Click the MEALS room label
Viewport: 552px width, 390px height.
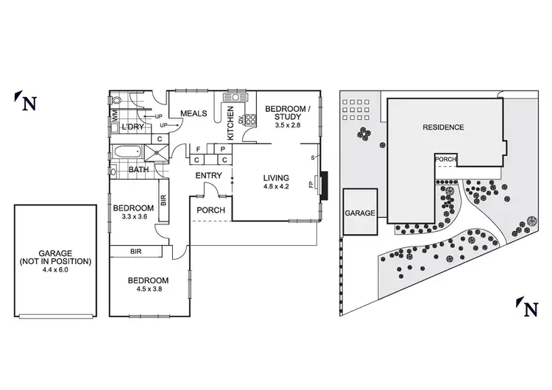tap(194, 113)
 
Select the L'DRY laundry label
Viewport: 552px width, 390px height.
tap(132, 127)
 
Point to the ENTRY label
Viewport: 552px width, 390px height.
tap(208, 176)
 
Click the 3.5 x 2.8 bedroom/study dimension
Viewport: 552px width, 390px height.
tap(278, 126)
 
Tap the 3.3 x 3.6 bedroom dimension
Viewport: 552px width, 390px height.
tap(134, 216)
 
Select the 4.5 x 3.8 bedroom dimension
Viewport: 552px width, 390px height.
tap(148, 289)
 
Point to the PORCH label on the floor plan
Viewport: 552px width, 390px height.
tap(209, 210)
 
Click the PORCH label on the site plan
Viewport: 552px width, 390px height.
tap(446, 158)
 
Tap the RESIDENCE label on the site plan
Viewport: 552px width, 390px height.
tap(443, 127)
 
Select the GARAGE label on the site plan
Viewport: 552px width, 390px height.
tap(360, 213)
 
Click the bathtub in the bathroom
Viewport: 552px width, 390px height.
tap(127, 152)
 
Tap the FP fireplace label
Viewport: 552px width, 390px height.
tap(311, 185)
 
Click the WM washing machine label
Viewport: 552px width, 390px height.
tap(114, 115)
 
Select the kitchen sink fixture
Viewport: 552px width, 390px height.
tap(237, 97)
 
